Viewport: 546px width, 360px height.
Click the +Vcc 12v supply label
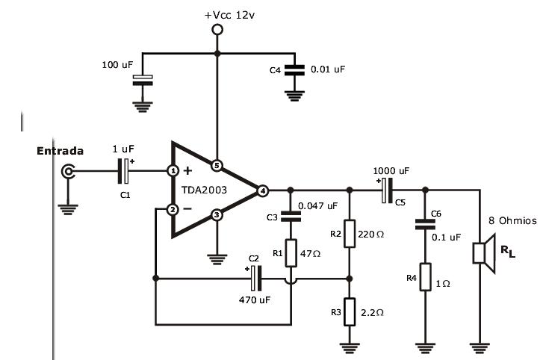click(x=217, y=14)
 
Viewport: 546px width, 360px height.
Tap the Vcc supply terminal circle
click(x=217, y=30)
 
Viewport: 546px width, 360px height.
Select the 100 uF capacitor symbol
click(x=142, y=78)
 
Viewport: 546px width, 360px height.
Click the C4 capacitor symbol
click(x=295, y=69)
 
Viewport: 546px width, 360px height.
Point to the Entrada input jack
click(x=69, y=172)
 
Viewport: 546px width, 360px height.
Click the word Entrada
click(x=60, y=151)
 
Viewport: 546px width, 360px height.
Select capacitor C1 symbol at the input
click(x=125, y=172)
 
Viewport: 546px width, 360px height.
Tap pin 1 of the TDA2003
click(x=173, y=171)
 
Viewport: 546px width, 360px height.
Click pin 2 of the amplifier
click(x=173, y=209)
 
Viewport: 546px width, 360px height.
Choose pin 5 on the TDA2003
click(x=217, y=165)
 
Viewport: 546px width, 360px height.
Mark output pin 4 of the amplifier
click(x=262, y=190)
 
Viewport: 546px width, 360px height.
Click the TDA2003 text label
click(x=205, y=190)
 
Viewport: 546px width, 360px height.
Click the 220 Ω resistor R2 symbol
click(x=349, y=233)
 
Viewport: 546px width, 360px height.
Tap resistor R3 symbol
click(x=349, y=313)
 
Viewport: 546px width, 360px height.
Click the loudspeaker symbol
click(x=483, y=252)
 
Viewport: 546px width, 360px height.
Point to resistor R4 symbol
click(x=424, y=276)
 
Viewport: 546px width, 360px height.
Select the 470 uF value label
click(x=253, y=301)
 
